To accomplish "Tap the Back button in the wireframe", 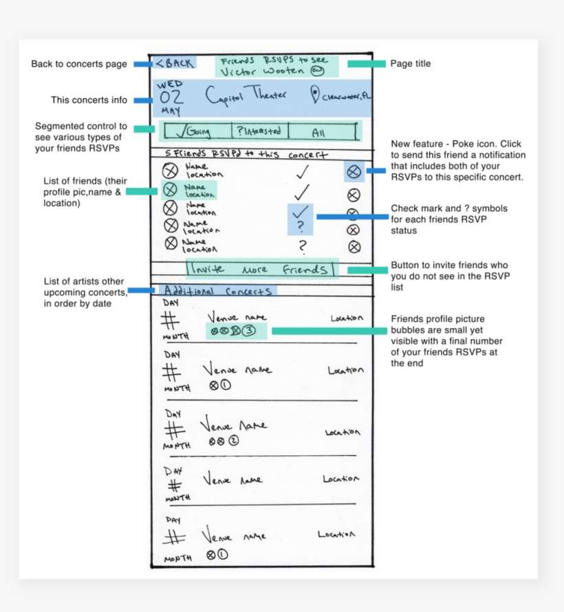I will click(175, 63).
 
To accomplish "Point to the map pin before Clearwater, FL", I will click(316, 95).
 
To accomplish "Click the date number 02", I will click(171, 97).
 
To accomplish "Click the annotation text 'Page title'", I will click(411, 64).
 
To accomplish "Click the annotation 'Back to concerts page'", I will click(79, 64).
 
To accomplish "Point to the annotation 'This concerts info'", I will click(89, 100).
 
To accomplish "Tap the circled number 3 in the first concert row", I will click(249, 331).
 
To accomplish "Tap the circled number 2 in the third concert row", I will click(234, 441).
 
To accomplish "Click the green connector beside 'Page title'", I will click(366, 64).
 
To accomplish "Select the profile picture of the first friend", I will click(169, 171).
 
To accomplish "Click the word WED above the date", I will click(170, 84).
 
